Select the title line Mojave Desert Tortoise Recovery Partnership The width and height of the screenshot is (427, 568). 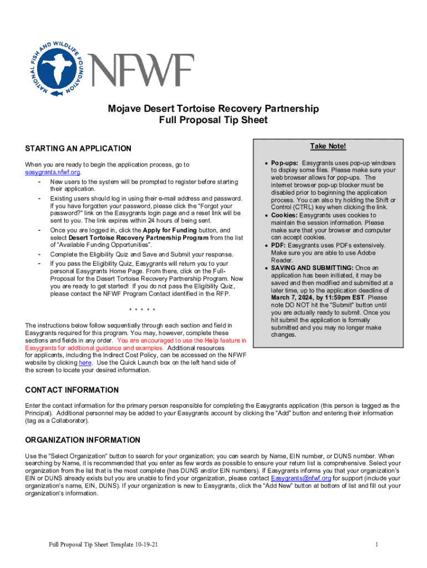[213, 109]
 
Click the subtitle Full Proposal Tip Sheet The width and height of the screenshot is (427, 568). [213, 120]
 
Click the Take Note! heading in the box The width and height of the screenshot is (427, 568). [328, 146]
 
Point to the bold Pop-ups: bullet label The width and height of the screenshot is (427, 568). [284, 163]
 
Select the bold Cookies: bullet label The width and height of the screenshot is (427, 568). [284, 215]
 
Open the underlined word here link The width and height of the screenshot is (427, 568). [85, 363]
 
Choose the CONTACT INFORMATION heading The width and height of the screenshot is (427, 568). [72, 390]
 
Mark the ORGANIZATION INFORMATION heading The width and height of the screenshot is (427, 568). [83, 440]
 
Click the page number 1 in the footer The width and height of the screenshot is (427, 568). [377, 544]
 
